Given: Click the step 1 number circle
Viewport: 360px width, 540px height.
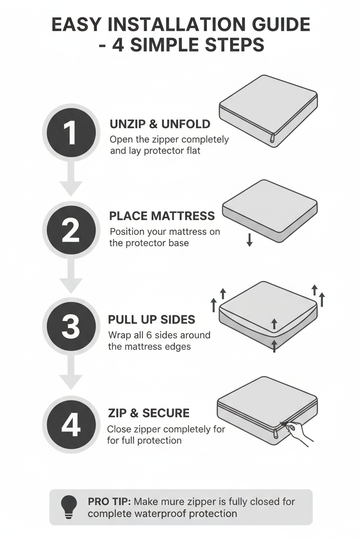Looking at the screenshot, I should click(x=71, y=132).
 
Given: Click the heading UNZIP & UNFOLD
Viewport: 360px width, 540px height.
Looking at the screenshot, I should click(x=160, y=124).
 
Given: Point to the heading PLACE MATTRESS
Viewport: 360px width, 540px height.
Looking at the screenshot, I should click(x=162, y=216).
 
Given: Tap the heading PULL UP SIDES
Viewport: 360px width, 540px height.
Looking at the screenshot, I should click(x=151, y=320).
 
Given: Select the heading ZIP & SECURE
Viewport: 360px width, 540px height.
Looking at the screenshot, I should click(x=148, y=413).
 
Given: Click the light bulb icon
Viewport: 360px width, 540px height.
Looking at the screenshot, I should click(x=69, y=507).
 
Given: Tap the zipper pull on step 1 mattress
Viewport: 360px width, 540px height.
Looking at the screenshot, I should click(x=272, y=138).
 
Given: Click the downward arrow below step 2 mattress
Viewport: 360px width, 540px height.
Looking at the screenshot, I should click(x=249, y=239).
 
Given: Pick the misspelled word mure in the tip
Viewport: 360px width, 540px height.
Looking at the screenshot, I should click(x=174, y=501).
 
